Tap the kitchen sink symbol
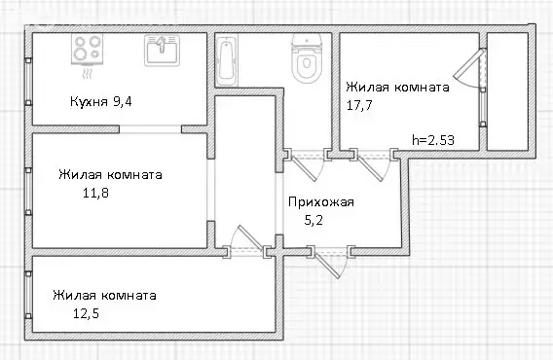click(158, 49)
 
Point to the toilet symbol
click(306, 61)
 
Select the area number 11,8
click(100, 193)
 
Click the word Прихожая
click(320, 202)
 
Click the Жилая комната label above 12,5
click(105, 295)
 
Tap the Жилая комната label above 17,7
click(398, 86)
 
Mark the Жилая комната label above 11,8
click(110, 175)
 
